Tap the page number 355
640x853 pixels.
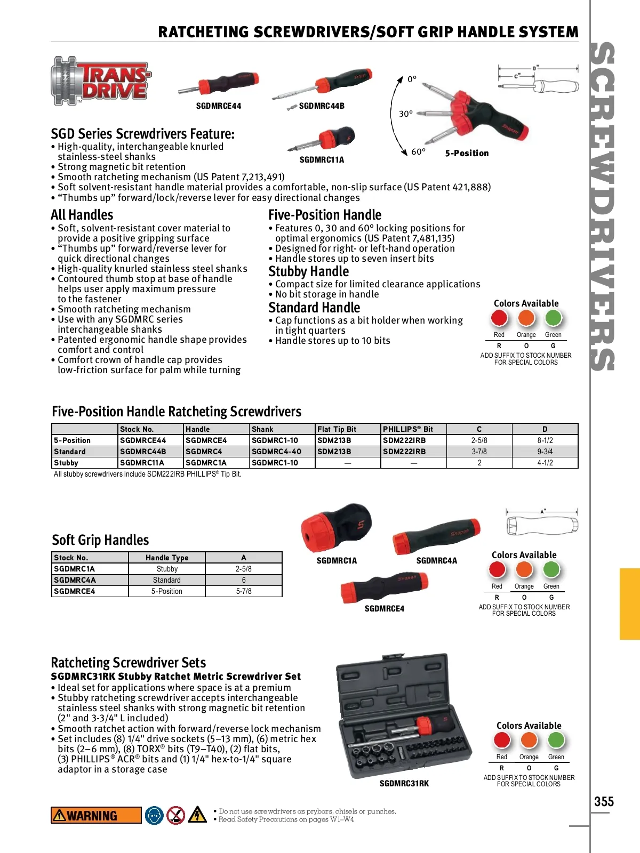[x=604, y=801]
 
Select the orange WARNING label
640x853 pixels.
[x=96, y=815]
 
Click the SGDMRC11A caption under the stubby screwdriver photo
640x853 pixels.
[x=322, y=159]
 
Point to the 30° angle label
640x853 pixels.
[x=406, y=114]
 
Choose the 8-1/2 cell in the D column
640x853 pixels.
[x=545, y=440]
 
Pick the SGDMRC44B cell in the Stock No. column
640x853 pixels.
[x=143, y=452]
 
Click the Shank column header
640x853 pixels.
[x=262, y=429]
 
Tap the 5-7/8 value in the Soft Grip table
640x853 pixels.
[x=244, y=591]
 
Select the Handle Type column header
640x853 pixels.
[x=167, y=558]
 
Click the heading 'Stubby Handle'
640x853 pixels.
[x=308, y=271]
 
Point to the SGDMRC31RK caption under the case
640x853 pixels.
[x=404, y=783]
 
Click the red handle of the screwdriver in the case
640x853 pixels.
[x=425, y=724]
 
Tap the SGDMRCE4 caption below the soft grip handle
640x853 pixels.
[x=384, y=608]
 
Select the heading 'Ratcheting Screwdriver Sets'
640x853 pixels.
[x=128, y=663]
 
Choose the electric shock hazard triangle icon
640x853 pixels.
[x=197, y=815]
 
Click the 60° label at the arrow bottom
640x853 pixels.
[x=418, y=151]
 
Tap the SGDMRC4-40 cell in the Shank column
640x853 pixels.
[x=276, y=452]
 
